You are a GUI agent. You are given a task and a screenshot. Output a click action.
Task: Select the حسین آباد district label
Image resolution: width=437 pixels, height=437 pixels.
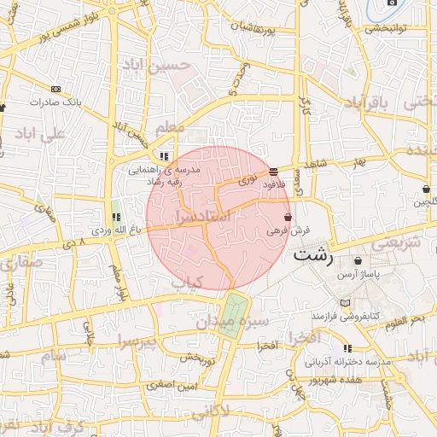click(151, 64)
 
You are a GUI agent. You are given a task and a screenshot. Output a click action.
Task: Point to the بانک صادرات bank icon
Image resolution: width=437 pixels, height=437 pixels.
click(55, 89)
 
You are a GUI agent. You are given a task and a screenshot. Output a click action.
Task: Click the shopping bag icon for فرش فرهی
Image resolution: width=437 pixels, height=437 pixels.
click(287, 217)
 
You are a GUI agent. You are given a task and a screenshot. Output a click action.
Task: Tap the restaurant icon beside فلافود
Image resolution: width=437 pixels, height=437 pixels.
click(272, 172)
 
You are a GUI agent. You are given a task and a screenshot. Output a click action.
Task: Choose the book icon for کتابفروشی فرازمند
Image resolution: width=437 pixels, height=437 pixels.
click(345, 303)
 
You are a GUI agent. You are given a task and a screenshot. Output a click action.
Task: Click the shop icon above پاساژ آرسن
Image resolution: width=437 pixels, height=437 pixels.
click(357, 261)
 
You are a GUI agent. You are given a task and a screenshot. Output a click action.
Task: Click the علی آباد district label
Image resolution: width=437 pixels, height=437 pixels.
click(39, 135)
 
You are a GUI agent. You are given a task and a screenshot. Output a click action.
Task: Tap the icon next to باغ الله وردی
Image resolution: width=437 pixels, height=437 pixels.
click(116, 217)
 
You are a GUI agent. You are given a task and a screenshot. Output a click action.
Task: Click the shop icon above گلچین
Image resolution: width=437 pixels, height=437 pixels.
click(425, 189)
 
